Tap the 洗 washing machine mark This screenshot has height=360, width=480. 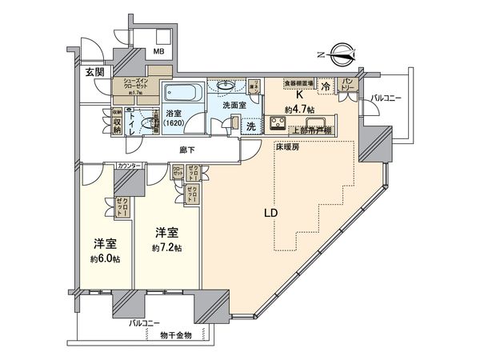[250, 126]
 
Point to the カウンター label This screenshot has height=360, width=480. [130, 166]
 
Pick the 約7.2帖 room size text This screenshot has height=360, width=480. [167, 249]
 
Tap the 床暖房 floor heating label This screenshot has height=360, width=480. [288, 149]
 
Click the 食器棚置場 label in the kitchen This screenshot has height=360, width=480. [301, 82]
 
